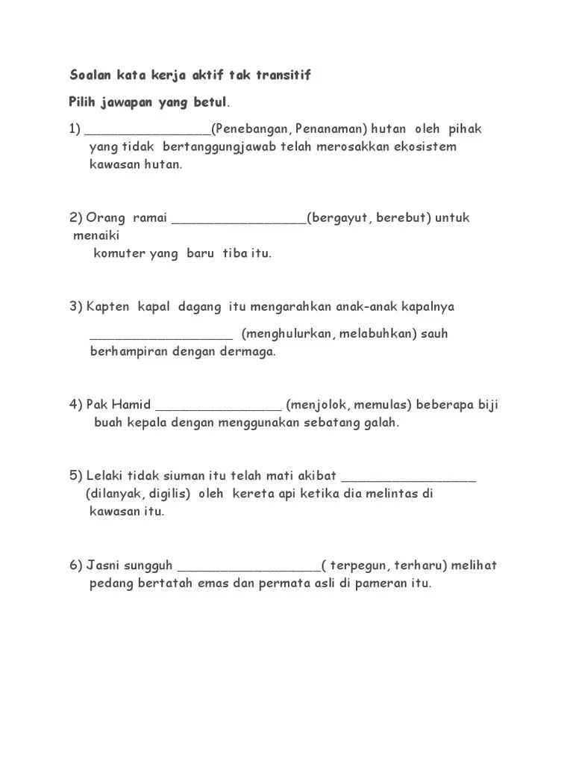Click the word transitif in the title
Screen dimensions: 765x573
coord(284,75)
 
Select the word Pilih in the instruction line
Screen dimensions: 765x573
coord(84,102)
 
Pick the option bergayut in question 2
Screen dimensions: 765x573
coord(340,218)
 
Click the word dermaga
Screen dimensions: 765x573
coord(247,351)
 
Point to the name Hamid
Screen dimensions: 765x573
coord(133,405)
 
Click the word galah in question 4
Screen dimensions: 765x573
coord(380,423)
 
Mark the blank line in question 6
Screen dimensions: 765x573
coord(250,569)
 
